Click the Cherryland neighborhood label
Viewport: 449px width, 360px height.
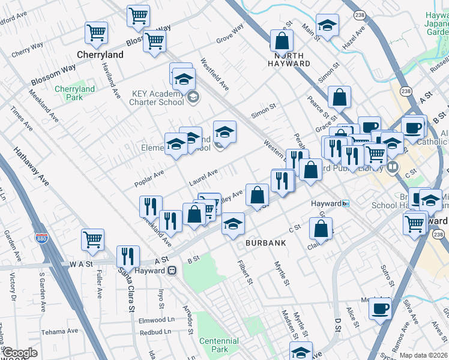pos(100,55)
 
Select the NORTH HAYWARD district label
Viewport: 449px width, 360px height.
pos(289,63)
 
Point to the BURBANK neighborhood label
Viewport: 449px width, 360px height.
pos(265,243)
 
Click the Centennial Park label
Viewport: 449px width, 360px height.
pos(218,345)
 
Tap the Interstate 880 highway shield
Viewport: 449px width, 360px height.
pos(41,239)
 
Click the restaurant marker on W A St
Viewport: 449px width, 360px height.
pos(127,256)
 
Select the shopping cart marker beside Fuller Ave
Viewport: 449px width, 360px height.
pos(93,239)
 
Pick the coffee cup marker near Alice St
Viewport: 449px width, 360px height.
pos(380,308)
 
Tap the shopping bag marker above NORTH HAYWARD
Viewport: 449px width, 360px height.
pos(282,40)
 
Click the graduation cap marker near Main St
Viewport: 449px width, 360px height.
pos(327,25)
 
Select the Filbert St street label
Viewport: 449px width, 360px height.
pos(244,273)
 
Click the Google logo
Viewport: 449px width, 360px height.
pos(20,353)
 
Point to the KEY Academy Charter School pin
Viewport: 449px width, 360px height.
pos(193,97)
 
